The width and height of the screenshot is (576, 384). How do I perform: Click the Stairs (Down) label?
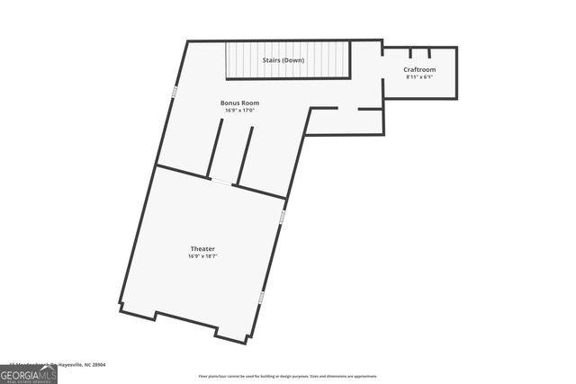tap(284, 60)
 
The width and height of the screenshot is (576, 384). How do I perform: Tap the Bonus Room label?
tap(239, 103)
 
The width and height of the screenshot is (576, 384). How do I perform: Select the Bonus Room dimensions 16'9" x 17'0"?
tap(239, 110)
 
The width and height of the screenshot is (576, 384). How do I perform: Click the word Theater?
tap(202, 248)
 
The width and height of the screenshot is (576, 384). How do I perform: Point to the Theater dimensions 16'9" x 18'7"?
tap(202, 256)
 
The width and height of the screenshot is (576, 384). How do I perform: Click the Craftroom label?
tap(420, 69)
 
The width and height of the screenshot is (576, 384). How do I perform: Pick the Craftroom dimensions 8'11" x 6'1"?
tap(420, 76)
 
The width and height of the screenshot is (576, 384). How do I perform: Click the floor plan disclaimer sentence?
tap(288, 376)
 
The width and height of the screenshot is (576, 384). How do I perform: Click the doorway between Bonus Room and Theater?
tap(221, 183)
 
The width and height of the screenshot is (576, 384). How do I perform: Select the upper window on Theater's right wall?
tap(281, 218)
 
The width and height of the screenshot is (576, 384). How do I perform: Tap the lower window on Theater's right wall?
tap(262, 296)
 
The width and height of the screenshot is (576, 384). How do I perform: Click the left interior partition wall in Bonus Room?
tap(215, 147)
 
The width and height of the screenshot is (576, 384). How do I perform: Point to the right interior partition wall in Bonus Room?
tap(244, 156)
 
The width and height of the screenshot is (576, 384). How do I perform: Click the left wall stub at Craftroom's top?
tap(410, 53)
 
